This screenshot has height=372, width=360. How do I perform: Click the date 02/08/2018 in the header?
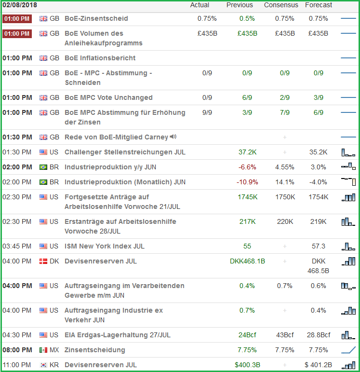20,5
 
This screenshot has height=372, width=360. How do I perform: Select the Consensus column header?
281,5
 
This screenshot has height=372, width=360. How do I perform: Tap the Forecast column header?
319,5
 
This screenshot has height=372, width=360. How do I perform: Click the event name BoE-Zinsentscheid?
96,19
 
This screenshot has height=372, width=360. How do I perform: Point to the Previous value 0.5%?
247,19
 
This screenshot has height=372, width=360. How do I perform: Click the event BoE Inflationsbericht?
100,58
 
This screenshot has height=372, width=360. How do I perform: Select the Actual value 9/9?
207,112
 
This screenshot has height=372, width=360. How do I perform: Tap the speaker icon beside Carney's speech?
173,137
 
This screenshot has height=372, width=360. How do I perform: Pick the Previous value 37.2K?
247,152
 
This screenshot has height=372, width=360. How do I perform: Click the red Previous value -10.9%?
247,182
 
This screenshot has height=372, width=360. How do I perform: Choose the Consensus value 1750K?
285,197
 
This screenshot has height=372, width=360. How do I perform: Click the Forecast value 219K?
319,222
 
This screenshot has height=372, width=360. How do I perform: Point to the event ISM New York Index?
105,247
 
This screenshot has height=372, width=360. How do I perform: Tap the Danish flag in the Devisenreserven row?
43,262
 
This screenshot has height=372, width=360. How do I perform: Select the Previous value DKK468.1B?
247,262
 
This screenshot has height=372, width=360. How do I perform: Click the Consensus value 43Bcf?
285,335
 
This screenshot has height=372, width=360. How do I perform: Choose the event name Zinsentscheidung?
95,350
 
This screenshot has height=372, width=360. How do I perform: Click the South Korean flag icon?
43,365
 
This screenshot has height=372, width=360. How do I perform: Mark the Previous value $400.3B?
247,365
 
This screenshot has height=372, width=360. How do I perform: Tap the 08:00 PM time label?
17,350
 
